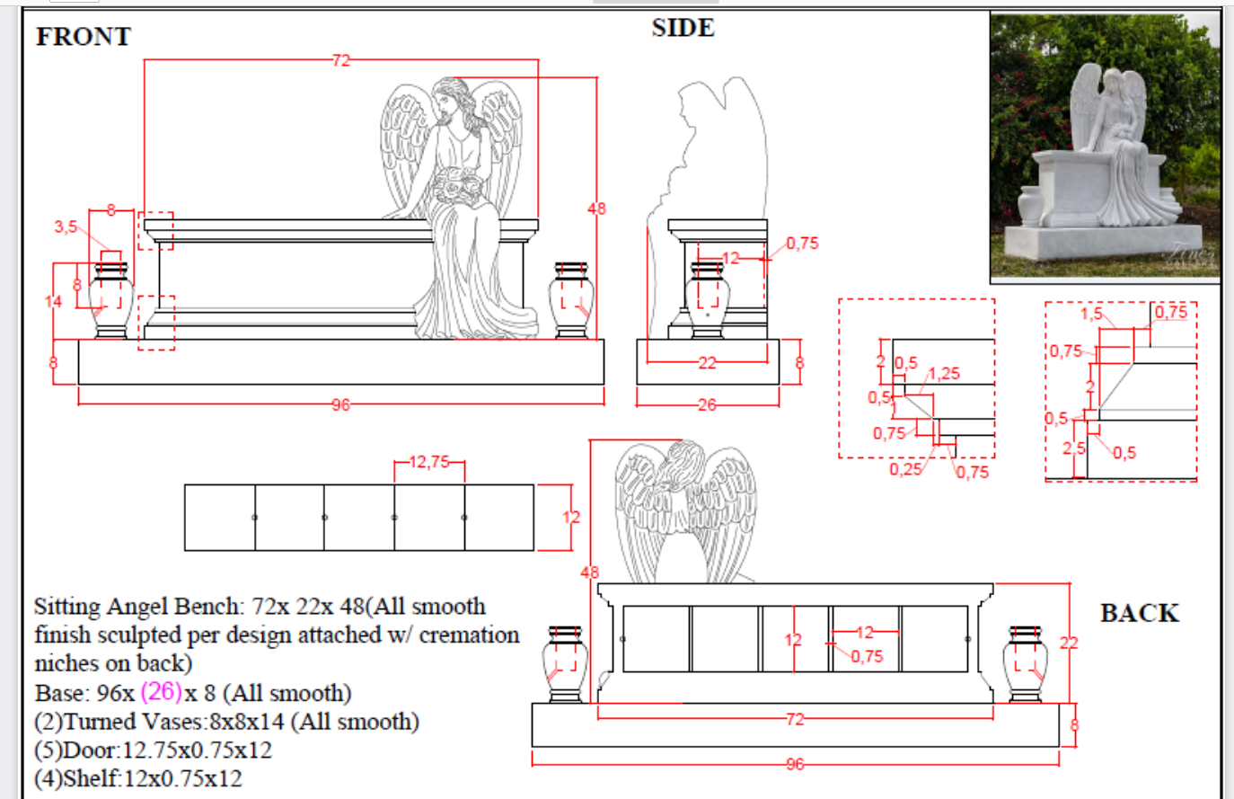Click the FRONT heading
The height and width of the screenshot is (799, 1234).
point(84,37)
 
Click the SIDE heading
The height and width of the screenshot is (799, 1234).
point(683,28)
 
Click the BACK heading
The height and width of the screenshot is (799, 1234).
point(1139,613)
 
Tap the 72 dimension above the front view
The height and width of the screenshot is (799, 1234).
point(340,60)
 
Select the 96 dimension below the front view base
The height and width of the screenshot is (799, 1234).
point(340,404)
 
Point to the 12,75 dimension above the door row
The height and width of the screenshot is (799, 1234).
point(429,462)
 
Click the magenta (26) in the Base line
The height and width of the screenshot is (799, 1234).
point(162,692)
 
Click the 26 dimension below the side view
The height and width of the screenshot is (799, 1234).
point(707,405)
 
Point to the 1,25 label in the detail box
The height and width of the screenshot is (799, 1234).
point(944,374)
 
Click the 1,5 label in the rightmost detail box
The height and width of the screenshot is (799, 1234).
point(1091,314)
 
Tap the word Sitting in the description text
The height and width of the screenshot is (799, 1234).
point(66,607)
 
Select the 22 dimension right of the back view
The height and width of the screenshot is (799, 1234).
point(1069,643)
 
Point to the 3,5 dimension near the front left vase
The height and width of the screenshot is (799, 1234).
point(66,226)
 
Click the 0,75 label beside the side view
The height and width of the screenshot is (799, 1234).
point(802,243)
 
